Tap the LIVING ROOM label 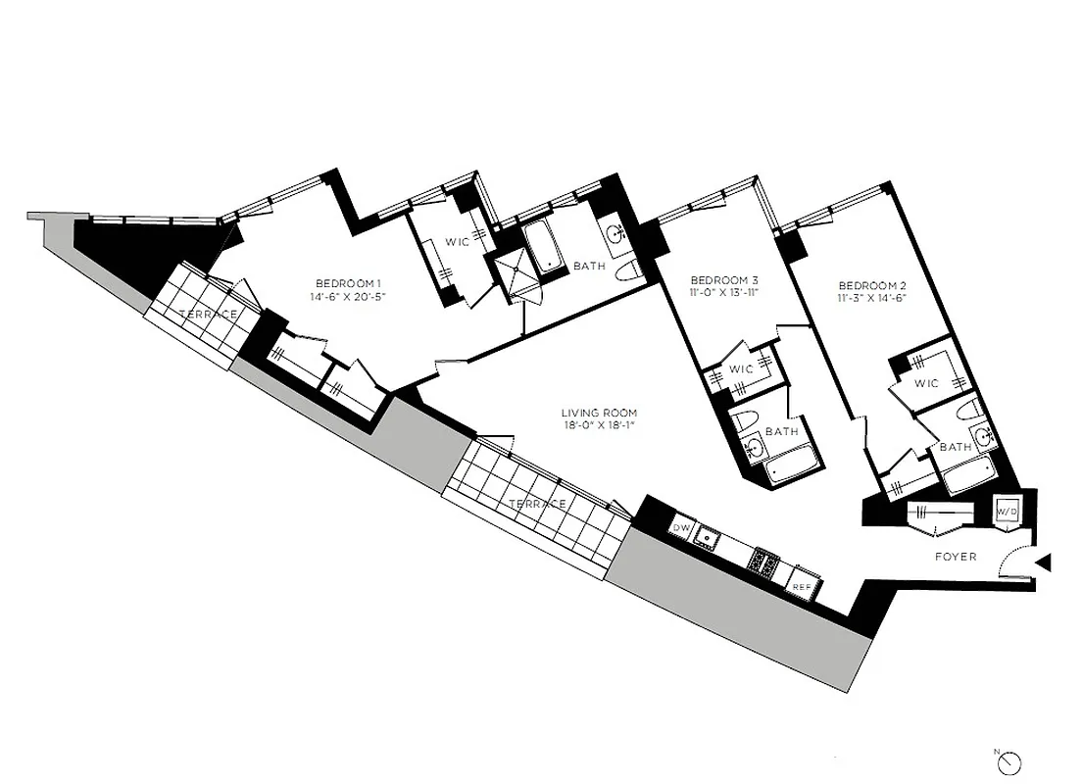(x=599, y=413)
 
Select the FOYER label (x=956, y=557)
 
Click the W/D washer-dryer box (x=1006, y=511)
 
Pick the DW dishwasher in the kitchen (x=681, y=529)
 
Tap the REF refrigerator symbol (x=801, y=586)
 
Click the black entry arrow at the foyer (x=1044, y=563)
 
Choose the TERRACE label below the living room (x=537, y=504)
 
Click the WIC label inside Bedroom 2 (x=926, y=383)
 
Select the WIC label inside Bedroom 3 (x=742, y=369)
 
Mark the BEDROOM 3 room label (x=723, y=277)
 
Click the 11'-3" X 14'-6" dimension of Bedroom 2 (x=871, y=297)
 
